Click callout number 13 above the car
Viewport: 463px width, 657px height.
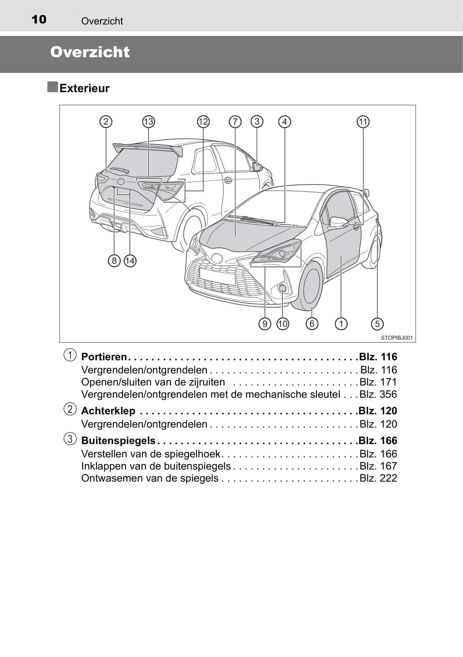point(148,122)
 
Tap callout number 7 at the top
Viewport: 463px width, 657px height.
point(235,122)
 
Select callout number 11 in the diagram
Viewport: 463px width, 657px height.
point(363,122)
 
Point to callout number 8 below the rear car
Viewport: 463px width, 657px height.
point(114,261)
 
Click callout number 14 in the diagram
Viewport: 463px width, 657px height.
point(130,261)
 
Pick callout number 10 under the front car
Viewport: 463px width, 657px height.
point(282,324)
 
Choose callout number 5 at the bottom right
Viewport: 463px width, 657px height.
point(377,324)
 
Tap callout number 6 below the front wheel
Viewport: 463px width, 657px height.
point(312,324)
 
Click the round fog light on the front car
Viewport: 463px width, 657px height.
point(282,289)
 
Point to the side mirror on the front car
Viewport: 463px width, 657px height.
point(338,222)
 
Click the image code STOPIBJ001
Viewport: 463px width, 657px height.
point(397,338)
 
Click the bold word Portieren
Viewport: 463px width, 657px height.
point(104,357)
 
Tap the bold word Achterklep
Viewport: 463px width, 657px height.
point(108,411)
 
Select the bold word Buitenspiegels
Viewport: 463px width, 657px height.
point(118,441)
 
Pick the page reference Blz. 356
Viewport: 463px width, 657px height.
point(378,394)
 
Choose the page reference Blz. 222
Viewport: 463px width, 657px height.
point(378,478)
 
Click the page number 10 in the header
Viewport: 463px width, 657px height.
point(39,19)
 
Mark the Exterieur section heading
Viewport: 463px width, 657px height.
point(84,88)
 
